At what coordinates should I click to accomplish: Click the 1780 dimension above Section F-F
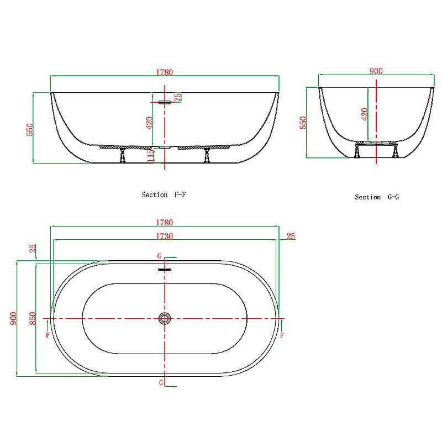tap(165, 71)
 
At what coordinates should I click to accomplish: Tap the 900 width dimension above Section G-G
tap(376, 71)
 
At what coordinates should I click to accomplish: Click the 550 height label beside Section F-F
tap(30, 129)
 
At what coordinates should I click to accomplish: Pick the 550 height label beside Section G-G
tap(302, 122)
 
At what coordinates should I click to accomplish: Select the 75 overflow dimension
tap(178, 97)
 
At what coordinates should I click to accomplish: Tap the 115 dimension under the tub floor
tap(150, 156)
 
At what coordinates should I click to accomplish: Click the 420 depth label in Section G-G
tap(364, 114)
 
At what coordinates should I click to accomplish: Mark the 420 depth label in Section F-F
tap(149, 123)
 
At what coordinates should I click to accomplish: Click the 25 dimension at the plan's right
tap(291, 236)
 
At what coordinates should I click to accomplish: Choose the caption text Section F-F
tap(160, 194)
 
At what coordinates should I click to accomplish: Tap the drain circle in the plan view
tap(165, 318)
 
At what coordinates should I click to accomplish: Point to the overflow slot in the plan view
tap(165, 270)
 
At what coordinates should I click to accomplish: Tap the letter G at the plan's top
tap(159, 256)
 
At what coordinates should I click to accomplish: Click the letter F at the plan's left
tap(48, 335)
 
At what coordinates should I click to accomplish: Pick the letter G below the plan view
tap(161, 382)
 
